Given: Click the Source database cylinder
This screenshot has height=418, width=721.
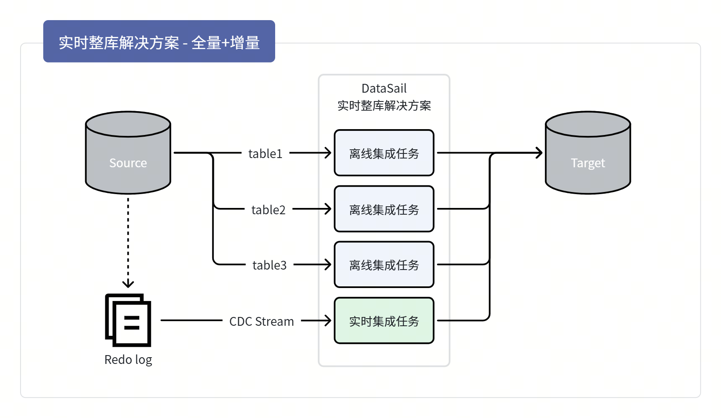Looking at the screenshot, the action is (x=128, y=153).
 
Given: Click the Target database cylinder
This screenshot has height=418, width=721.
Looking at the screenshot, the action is (x=588, y=153).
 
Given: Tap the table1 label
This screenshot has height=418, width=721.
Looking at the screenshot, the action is (x=265, y=153).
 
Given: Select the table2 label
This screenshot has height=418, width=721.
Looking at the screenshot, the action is (x=268, y=210).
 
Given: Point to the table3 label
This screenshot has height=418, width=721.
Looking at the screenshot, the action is (x=269, y=265).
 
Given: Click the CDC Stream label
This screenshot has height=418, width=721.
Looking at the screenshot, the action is (x=261, y=322).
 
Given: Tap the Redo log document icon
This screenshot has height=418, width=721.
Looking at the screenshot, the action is (x=128, y=320).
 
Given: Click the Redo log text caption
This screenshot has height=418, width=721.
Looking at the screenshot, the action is (x=128, y=360).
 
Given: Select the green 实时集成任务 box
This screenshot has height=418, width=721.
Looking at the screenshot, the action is (x=384, y=321).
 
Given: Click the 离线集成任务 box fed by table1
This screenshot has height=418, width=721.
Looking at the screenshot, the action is (x=384, y=153).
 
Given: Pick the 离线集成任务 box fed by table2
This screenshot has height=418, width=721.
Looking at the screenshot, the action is (x=384, y=209).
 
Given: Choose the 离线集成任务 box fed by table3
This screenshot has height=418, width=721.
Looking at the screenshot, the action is (x=384, y=265).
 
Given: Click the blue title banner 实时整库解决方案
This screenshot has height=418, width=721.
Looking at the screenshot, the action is (x=159, y=42).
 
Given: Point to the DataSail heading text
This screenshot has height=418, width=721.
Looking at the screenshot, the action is (x=384, y=88).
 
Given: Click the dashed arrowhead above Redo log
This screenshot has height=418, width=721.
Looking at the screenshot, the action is (x=128, y=284).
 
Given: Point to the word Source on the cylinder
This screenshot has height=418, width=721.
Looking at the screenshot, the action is (x=128, y=163).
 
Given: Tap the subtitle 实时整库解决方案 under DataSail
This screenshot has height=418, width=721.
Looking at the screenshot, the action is (x=384, y=106).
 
